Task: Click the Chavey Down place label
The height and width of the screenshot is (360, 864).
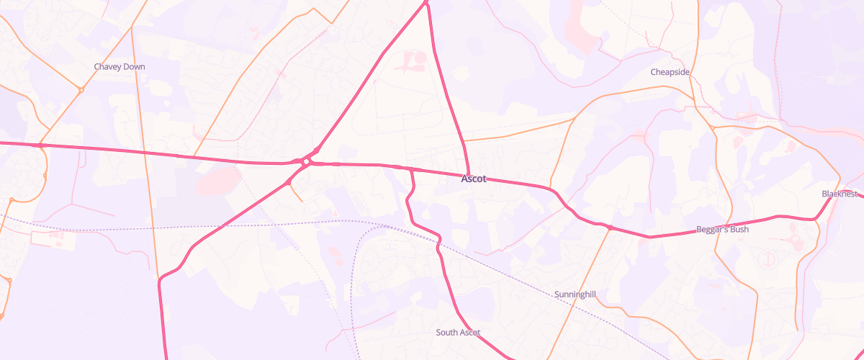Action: tap(120, 67)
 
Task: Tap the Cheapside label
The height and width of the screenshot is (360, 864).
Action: tap(670, 72)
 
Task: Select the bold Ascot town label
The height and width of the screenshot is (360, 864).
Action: tap(474, 179)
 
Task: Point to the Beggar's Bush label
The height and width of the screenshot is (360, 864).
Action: tap(723, 230)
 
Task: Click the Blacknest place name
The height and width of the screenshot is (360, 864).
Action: tap(840, 194)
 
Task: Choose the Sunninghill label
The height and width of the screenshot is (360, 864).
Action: tap(576, 294)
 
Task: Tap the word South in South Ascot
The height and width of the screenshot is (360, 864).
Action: tap(446, 333)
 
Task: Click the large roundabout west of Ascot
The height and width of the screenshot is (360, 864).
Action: tap(306, 162)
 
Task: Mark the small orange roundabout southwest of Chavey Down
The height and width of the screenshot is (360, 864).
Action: tap(81, 90)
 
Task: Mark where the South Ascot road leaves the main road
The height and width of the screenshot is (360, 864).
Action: tap(412, 169)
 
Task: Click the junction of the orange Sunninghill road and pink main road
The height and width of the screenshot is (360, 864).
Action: tap(610, 228)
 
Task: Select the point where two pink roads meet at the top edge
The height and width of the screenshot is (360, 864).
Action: tap(427, 3)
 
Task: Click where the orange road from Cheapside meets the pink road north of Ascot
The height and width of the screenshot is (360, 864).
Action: tap(462, 141)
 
